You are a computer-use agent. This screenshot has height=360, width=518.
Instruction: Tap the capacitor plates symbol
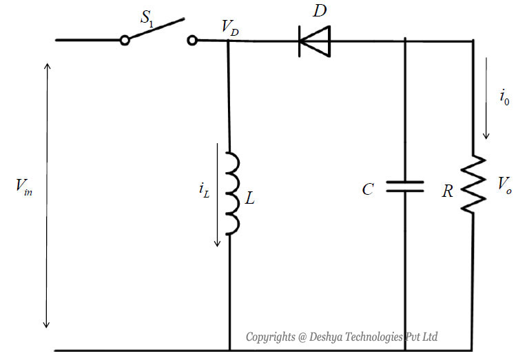tap(404, 186)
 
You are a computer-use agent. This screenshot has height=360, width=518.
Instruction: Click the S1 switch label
tap(149, 17)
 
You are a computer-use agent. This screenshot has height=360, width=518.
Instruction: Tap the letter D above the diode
tap(320, 11)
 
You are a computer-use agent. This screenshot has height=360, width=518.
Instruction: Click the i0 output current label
tap(504, 96)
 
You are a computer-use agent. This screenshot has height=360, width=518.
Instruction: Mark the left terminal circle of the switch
tap(125, 41)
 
